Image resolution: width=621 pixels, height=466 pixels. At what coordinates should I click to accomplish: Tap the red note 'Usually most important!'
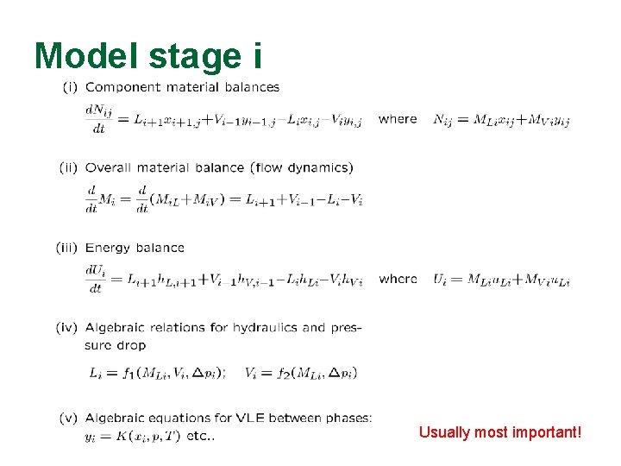point(500,431)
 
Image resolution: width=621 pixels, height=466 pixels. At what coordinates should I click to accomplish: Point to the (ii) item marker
point(68,167)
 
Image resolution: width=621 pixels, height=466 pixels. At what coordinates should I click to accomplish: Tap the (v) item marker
point(69,418)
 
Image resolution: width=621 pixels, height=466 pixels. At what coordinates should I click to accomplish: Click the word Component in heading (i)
point(118,86)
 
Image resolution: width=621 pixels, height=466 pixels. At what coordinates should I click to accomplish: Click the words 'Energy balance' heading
point(135,248)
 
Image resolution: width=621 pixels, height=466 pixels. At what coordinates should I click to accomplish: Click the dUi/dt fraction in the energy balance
point(96,280)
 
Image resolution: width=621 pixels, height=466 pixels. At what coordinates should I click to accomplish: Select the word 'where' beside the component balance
point(398,119)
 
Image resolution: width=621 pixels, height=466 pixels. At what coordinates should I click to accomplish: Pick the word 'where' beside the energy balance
point(398,279)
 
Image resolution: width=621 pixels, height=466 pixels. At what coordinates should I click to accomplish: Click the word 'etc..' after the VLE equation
point(200,435)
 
